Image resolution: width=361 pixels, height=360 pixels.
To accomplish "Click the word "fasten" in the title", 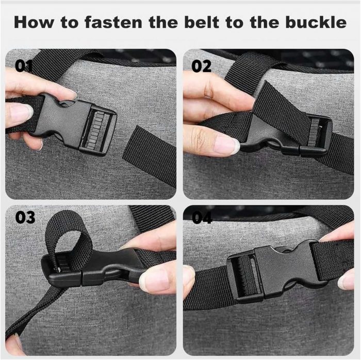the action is click(x=113, y=22).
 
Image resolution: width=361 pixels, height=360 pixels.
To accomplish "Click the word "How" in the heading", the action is click(x=34, y=22).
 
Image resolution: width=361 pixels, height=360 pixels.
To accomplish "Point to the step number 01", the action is click(x=24, y=66).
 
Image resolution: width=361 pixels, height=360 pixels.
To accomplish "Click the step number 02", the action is click(x=201, y=66).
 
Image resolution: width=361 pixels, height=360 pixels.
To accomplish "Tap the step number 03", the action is click(x=25, y=217).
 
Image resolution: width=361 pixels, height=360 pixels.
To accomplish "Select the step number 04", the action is click(x=202, y=217).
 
